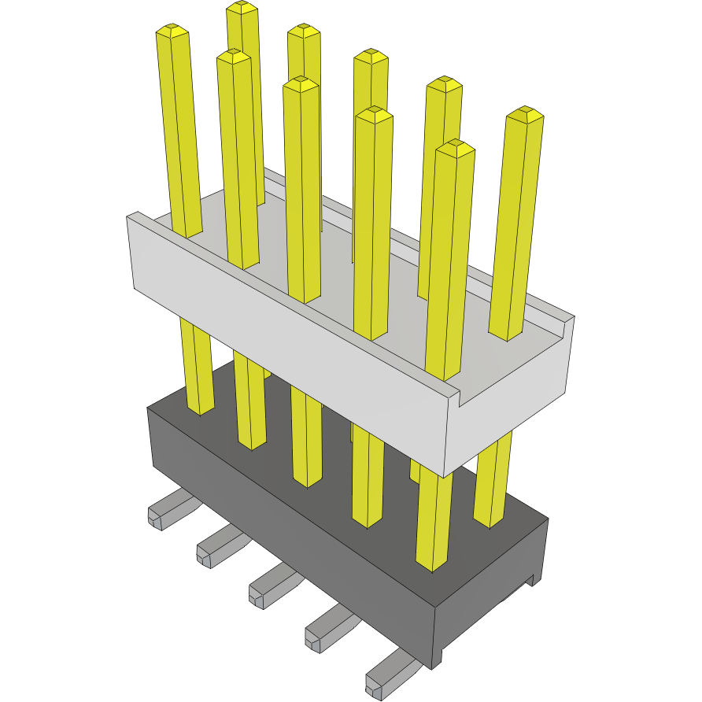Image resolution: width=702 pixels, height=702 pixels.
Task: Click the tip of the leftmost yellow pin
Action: click(x=172, y=31)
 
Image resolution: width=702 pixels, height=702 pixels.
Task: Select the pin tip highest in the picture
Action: click(x=242, y=8)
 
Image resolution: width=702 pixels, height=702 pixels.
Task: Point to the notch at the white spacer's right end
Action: click(x=456, y=394)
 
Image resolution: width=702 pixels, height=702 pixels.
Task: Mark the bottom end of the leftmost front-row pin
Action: click(x=200, y=409)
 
